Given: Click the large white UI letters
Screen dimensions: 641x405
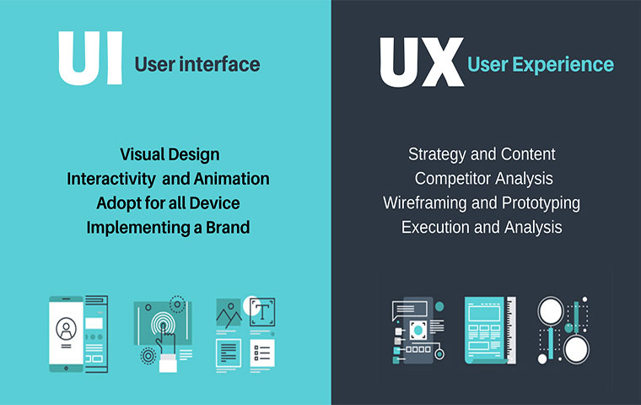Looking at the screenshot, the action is [x=90, y=57].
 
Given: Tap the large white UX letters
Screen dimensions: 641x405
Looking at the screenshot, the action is [x=422, y=62].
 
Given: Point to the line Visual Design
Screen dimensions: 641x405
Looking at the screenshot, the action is [x=170, y=154].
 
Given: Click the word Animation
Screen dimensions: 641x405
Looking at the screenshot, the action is [x=231, y=179].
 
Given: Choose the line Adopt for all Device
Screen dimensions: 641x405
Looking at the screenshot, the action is [x=168, y=203].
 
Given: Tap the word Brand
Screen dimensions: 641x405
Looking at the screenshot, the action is [x=228, y=228].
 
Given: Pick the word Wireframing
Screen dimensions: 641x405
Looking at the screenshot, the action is [x=425, y=203].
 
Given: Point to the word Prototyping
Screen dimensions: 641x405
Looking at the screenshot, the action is [x=541, y=203].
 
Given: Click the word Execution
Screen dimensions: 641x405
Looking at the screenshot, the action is [x=435, y=228].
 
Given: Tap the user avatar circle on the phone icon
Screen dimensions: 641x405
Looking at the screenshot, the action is [x=66, y=328].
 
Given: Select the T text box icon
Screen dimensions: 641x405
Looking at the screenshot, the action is [x=262, y=312].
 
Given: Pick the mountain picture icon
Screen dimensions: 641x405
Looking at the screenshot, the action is [x=229, y=312].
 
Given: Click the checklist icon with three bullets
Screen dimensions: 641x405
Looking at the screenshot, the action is [x=262, y=353].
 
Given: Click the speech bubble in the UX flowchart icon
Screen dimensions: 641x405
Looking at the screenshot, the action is [x=410, y=310].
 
